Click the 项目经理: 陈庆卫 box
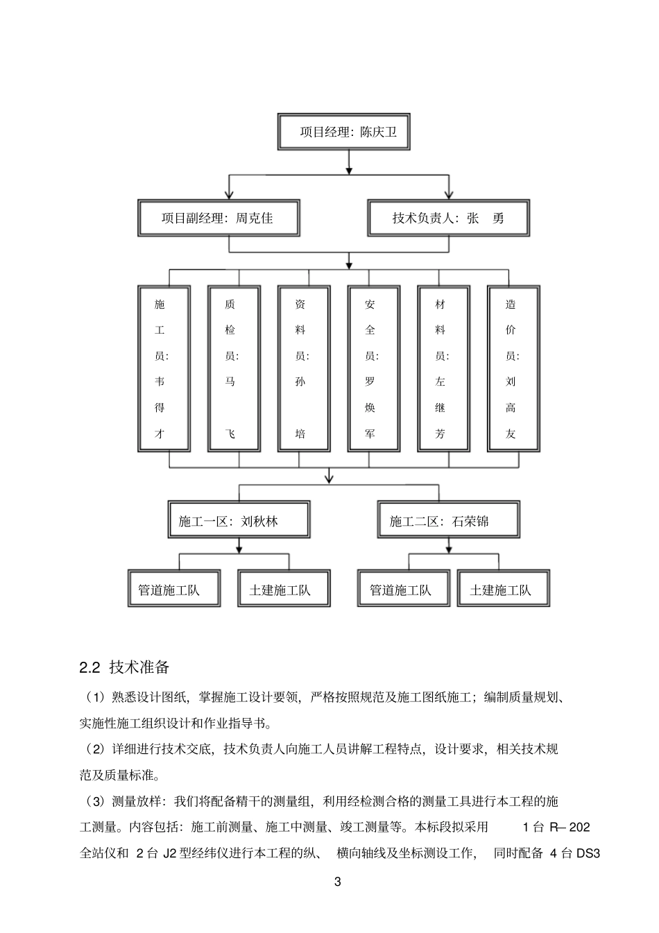(x=348, y=132)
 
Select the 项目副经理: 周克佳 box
(x=219, y=219)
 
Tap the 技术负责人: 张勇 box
(x=448, y=219)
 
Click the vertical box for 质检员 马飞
(x=234, y=368)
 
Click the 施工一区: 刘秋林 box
(x=239, y=520)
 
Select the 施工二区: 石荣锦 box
(x=449, y=520)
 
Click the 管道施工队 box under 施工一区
(x=173, y=589)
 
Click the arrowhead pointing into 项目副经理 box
(x=230, y=196)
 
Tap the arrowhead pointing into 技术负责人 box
(x=449, y=196)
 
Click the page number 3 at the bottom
(x=338, y=882)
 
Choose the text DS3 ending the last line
(x=588, y=853)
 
